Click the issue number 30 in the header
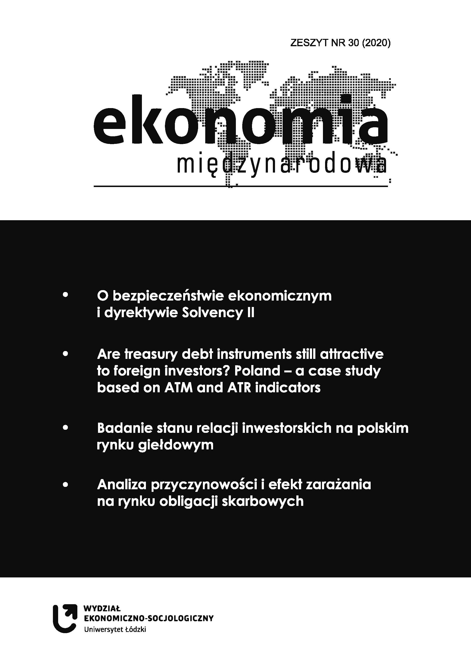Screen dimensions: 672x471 353,43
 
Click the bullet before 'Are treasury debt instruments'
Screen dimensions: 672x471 65,354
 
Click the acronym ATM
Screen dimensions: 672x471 178,388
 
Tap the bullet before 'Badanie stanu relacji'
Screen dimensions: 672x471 65,428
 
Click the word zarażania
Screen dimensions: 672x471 338,485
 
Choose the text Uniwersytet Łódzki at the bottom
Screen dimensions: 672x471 115,629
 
